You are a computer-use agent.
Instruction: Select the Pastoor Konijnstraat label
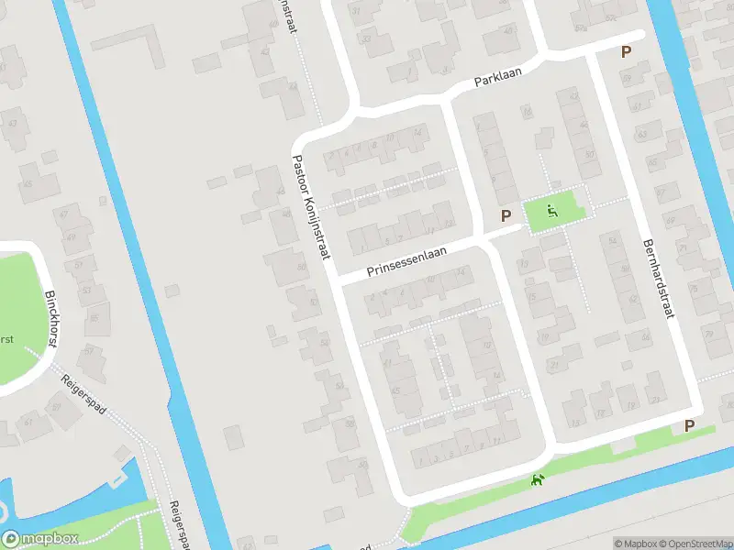(311, 206)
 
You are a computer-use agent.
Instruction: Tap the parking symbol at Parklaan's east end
(627, 52)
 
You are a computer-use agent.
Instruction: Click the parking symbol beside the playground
(505, 215)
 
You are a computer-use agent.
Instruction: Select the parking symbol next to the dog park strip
(689, 425)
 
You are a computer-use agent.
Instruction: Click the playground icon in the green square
(551, 211)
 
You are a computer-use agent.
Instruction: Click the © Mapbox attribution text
(636, 544)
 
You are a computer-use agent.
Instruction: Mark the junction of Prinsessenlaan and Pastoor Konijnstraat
(334, 277)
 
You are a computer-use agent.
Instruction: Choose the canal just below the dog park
(550, 509)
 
